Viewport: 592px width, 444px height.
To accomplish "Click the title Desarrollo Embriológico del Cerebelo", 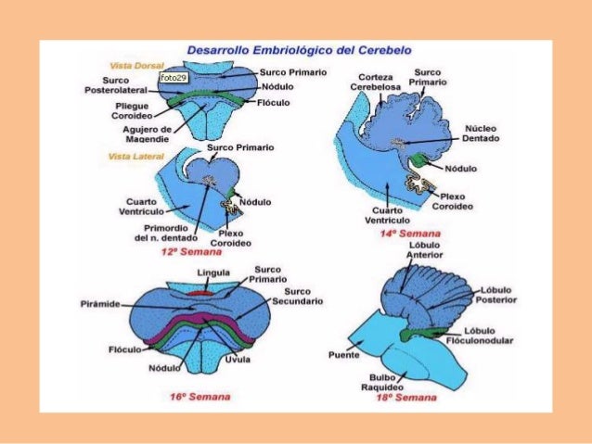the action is (300, 48).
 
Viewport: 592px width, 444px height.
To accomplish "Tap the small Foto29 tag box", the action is (173, 78).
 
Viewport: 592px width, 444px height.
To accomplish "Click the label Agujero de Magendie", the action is (148, 134).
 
